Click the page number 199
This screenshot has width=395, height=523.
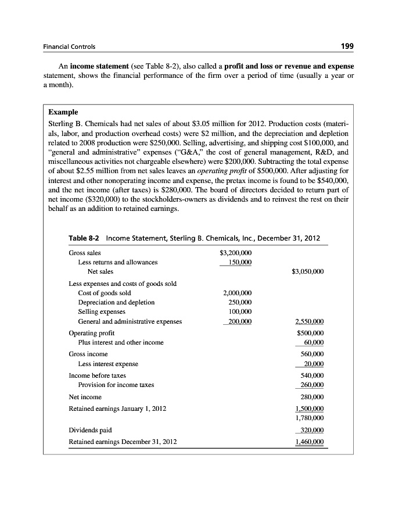347,46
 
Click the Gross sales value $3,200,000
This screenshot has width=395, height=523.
235,253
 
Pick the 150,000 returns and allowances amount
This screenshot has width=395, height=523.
237,262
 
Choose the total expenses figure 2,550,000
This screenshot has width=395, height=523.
309,321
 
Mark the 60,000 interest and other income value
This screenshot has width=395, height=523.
313,342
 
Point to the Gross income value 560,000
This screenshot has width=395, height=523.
311,354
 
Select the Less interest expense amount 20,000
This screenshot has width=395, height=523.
313,364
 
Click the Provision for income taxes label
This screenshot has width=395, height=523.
116,385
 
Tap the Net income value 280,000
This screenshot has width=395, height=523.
311,397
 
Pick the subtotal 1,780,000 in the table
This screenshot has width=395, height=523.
309,418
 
